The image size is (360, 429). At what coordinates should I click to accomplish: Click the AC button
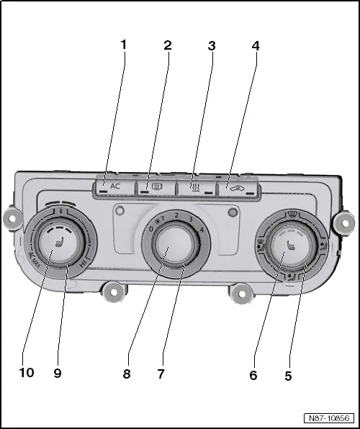(112, 186)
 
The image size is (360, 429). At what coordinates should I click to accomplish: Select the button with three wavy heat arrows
(195, 187)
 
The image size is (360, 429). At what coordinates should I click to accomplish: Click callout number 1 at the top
(123, 45)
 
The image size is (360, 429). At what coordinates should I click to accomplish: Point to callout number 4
(255, 46)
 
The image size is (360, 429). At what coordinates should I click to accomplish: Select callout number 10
(27, 374)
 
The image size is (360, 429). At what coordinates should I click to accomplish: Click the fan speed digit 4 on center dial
(203, 230)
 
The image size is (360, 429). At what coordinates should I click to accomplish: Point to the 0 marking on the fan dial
(150, 229)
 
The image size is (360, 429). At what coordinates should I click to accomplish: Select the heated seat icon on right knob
(292, 249)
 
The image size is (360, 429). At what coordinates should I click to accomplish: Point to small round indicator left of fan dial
(120, 212)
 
